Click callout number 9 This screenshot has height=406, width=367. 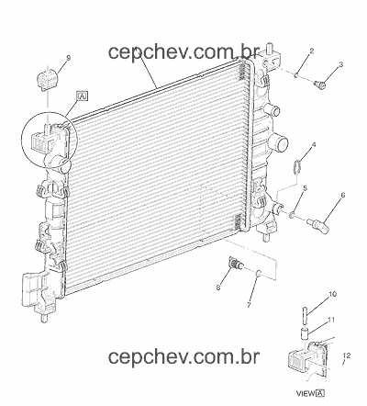click(69, 58)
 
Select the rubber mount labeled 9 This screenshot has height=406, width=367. click(48, 80)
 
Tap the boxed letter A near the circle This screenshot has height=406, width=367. click(83, 96)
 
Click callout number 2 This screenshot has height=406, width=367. click(311, 51)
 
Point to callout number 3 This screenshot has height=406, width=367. click(340, 64)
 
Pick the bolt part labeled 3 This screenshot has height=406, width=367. click(320, 85)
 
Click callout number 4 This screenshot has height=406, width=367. click(314, 144)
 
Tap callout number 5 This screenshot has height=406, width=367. click(305, 188)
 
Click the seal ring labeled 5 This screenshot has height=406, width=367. click(293, 216)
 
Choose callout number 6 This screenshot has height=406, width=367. click(342, 195)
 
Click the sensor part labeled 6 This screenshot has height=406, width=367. click(318, 225)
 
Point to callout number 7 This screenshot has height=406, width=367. click(249, 305)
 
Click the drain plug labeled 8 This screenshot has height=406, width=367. click(236, 265)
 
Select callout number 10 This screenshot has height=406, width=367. click(332, 294)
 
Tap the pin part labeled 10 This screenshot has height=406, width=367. click(306, 315)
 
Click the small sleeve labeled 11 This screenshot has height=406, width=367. click(305, 334)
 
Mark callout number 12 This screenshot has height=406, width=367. click(347, 355)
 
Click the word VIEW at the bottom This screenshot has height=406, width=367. click(306, 393)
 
